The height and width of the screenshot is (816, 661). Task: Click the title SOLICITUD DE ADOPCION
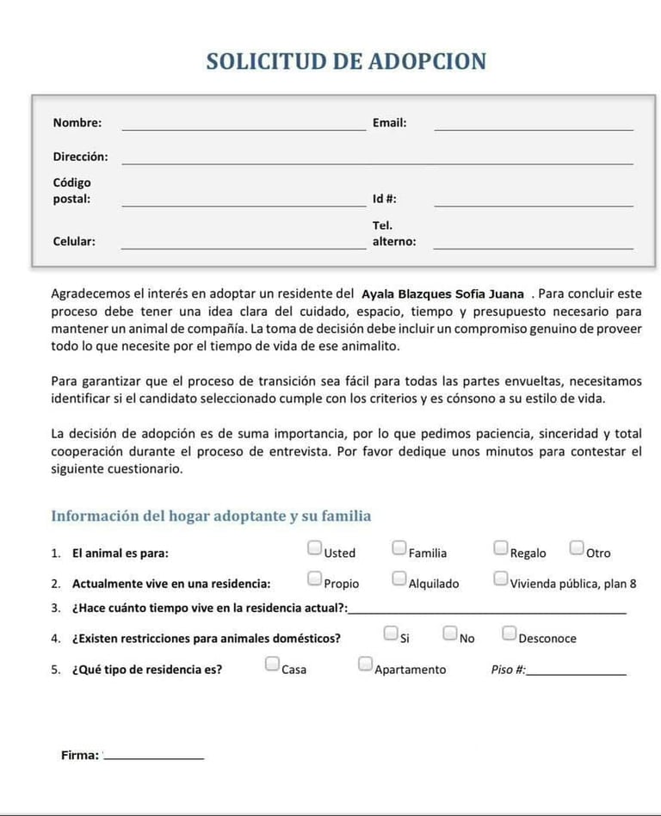pos(346,62)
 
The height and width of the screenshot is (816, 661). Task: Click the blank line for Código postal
pos(244,204)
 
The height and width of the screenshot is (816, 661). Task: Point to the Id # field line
pos(533,204)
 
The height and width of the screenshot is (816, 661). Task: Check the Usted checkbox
pos(315,548)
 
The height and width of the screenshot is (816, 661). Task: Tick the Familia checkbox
pos(399,548)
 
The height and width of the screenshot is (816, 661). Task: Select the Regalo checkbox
pos(501,548)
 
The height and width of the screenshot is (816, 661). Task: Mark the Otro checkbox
pos(577,548)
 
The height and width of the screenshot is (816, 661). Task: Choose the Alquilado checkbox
pos(399,578)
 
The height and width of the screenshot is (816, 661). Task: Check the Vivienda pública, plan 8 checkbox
pos(501,578)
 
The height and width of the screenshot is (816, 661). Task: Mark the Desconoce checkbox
pos(510,634)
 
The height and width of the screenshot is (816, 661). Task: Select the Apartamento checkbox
pos(365,665)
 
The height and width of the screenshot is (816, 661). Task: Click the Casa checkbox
pos(272,665)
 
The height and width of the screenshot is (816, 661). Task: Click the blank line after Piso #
pos(576,673)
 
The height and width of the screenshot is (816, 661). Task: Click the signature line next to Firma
pos(154,757)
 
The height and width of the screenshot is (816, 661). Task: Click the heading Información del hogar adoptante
pos(211,516)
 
